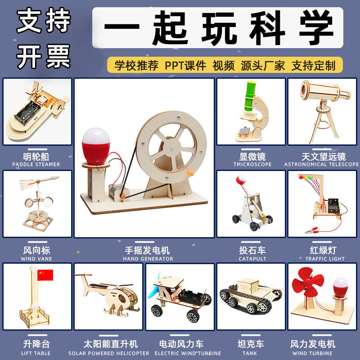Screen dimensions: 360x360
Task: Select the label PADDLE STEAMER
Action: [36, 165]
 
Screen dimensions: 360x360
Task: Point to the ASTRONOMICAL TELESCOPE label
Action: [322, 165]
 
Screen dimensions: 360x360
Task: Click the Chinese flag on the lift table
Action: [45, 275]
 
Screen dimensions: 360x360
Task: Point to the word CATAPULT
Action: [252, 259]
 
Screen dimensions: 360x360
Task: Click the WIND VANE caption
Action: [36, 259]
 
